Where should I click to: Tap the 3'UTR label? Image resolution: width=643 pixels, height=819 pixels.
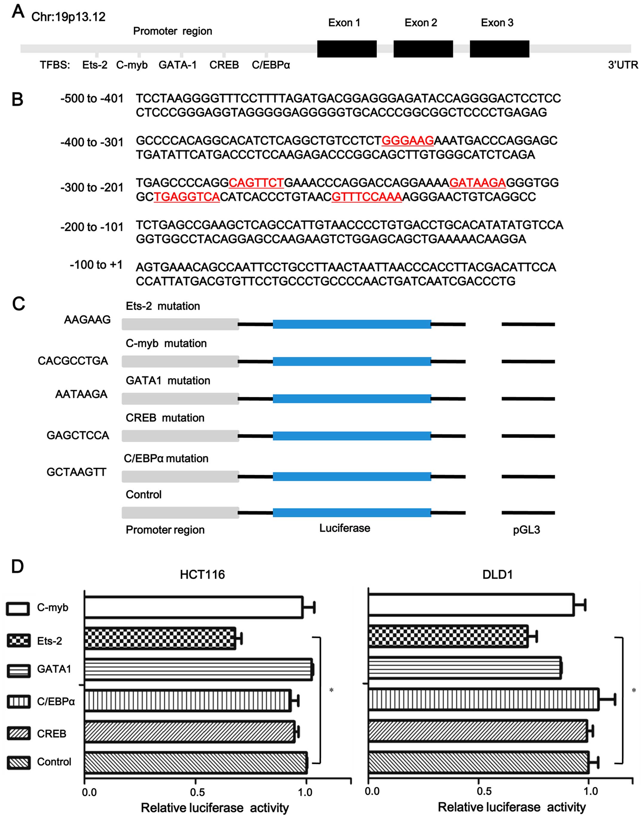(x=623, y=65)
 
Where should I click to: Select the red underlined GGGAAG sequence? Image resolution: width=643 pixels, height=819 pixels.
(x=408, y=141)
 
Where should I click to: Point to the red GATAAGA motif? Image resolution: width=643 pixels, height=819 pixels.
(x=477, y=183)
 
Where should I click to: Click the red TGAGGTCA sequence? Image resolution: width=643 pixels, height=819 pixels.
(x=187, y=197)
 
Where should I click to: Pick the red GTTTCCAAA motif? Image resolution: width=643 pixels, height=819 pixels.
(x=367, y=197)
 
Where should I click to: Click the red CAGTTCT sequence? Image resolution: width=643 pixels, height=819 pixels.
(x=256, y=183)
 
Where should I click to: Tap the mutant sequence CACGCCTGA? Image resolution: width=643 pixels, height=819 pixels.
(x=73, y=361)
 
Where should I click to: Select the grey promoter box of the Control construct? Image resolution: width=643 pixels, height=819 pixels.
(x=180, y=512)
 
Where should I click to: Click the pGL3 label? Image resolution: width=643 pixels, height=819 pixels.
(x=526, y=530)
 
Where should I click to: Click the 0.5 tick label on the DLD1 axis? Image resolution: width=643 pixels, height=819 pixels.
(x=484, y=791)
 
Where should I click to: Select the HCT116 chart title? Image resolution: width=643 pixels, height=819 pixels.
(x=202, y=575)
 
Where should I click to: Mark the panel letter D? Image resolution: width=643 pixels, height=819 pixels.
(x=17, y=567)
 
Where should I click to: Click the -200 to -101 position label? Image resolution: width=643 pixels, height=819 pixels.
(x=92, y=227)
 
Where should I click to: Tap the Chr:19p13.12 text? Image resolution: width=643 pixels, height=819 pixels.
(x=68, y=17)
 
